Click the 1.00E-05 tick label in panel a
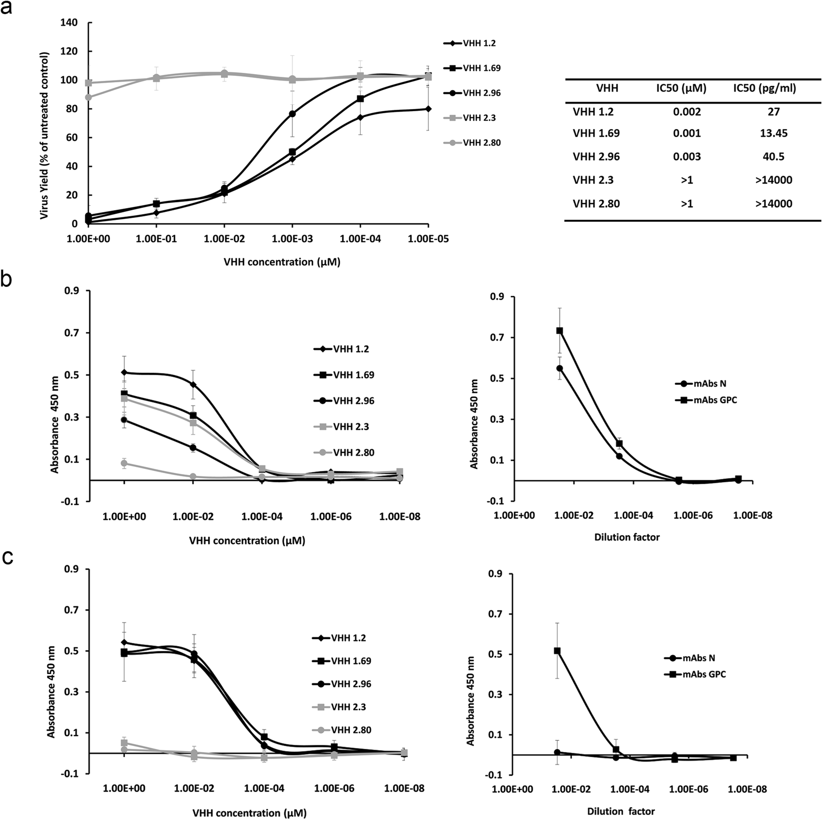(428, 239)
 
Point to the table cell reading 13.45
(773, 133)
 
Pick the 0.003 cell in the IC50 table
(688, 157)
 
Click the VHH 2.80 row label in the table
(596, 204)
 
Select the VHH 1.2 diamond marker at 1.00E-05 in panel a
(428, 109)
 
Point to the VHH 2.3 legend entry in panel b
(351, 427)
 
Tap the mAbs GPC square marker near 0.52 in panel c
(557, 651)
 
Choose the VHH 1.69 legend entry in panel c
(351, 661)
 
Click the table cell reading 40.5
(773, 157)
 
